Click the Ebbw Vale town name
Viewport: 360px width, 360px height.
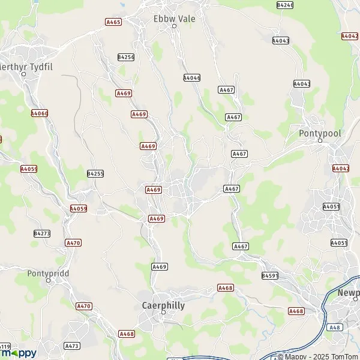175,19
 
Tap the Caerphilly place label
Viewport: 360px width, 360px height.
163,305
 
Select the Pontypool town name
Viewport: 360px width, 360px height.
320,132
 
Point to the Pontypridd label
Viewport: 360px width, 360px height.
49,273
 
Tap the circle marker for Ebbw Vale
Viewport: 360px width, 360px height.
175,26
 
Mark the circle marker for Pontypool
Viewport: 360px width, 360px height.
320,141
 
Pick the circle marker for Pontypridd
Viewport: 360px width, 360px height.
48,281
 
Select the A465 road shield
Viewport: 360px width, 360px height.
113,22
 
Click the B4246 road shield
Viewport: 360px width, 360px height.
285,5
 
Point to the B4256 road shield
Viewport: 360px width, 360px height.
125,57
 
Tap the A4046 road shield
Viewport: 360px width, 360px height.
191,78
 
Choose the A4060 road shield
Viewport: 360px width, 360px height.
39,113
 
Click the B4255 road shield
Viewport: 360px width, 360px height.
95,173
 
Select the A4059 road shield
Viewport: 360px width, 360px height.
78,209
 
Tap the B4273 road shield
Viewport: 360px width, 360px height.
42,233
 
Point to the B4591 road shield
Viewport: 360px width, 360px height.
270,275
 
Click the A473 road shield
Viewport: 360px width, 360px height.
72,346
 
